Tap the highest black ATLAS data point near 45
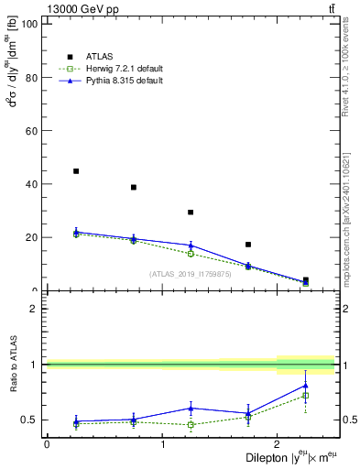pos(76,171)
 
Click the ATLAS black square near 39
pos(134,187)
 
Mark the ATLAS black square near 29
pos(191,213)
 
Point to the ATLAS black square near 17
pos(248,245)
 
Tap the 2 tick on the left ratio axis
pos(34,309)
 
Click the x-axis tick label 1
pos(162,444)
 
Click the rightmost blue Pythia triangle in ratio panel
pos(306,386)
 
